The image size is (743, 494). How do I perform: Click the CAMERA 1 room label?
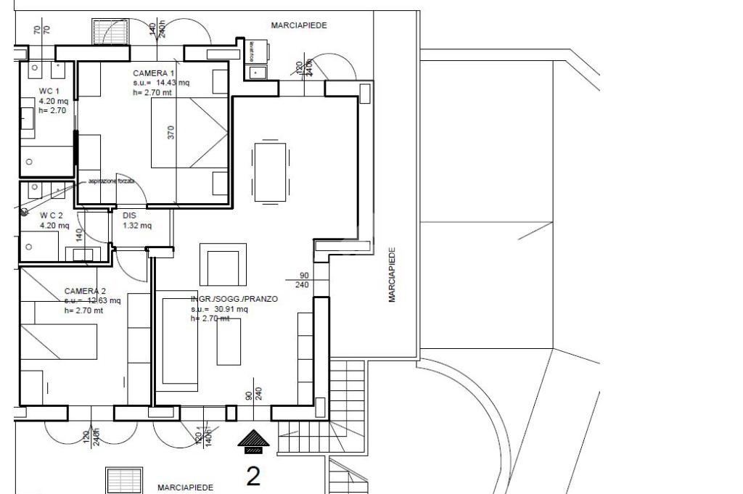pyautogui.click(x=154, y=73)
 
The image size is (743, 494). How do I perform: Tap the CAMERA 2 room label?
pyautogui.click(x=86, y=290)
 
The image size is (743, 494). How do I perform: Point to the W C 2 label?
pyautogui.click(x=52, y=215)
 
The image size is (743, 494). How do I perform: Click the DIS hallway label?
pyautogui.click(x=129, y=215)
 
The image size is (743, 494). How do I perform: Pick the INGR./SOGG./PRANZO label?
pyautogui.click(x=234, y=299)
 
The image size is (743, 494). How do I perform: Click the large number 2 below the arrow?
pyautogui.click(x=253, y=475)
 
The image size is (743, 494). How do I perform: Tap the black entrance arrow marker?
pyautogui.click(x=253, y=440)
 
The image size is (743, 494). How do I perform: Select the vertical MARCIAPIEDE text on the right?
pyautogui.click(x=392, y=275)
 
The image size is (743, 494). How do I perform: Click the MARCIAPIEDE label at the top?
pyautogui.click(x=299, y=25)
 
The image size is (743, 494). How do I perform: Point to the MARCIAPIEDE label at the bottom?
pyautogui.click(x=185, y=488)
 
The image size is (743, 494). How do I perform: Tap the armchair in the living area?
pyautogui.click(x=222, y=267)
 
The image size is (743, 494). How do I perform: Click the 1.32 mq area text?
pyautogui.click(x=137, y=226)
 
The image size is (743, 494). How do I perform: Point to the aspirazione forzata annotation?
pyautogui.click(x=111, y=181)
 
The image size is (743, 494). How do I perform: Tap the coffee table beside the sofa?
pyautogui.click(x=229, y=340)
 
